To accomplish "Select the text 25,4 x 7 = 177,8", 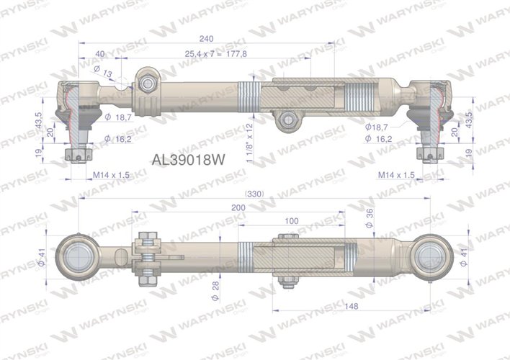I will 216,53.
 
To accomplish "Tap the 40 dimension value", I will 99,53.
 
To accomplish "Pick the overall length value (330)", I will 255,194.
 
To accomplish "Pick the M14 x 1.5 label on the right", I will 395,175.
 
